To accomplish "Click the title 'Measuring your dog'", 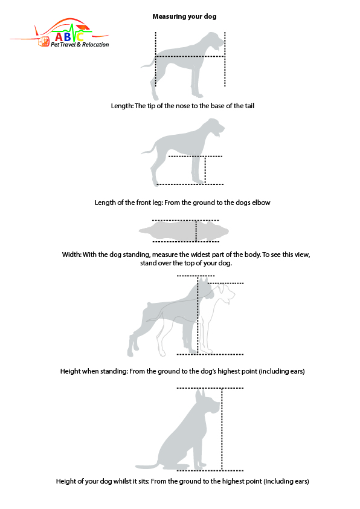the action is tap(184, 16).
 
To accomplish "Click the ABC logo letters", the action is tap(69, 36).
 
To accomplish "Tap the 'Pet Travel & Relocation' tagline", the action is tap(80, 45).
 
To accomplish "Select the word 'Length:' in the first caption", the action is tap(122, 106).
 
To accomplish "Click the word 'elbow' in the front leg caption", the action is tap(262, 203).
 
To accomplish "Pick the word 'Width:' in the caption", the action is tap(72, 254).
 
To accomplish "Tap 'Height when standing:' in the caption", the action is tap(94, 371).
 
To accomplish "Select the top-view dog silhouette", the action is tap(184, 231).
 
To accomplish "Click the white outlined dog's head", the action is tap(225, 293).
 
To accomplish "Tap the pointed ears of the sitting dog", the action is tap(200, 395).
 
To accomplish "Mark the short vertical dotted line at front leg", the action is tap(205, 170).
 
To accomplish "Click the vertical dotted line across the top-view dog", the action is tap(196, 231).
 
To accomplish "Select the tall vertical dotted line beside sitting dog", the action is tap(222, 429).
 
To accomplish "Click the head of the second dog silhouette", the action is tap(214, 126).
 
